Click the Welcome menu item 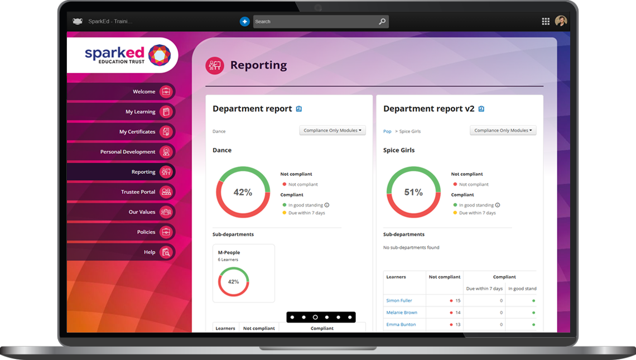[144, 92]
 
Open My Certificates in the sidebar [137, 132]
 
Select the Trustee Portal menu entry [138, 192]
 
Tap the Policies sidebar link [146, 232]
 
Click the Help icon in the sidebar [166, 252]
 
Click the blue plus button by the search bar [244, 22]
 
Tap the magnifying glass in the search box [382, 22]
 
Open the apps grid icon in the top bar [546, 22]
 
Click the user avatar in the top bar [561, 21]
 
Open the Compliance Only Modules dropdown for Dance [333, 131]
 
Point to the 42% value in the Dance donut [243, 193]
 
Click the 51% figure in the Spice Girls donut [413, 193]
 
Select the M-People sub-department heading [229, 253]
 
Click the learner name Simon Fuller [399, 301]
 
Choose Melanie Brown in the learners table [402, 313]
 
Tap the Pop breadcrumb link [387, 132]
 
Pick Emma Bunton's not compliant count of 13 [457, 325]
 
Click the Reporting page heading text [258, 65]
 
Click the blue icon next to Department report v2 [481, 109]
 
